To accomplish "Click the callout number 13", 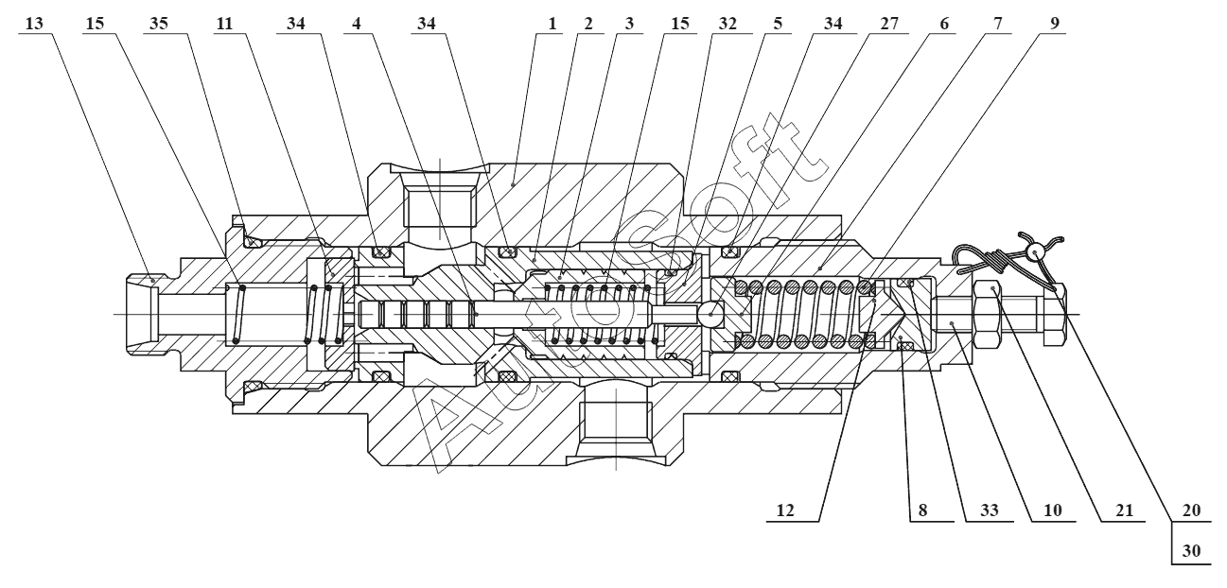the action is [34, 24].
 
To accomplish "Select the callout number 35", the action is [158, 24].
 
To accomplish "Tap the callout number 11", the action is [224, 24].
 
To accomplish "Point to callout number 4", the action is [357, 24].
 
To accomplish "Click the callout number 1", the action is [552, 24].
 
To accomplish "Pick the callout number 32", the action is [727, 24].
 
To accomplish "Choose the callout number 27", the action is [889, 24].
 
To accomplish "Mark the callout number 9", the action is [1055, 24].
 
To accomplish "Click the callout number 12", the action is [785, 510].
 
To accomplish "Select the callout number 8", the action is [922, 510].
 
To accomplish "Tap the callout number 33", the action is [990, 510].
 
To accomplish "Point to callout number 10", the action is [1052, 510].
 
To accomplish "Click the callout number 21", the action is [1124, 510].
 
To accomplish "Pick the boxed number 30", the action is [1191, 550].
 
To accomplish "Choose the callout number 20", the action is [1191, 510].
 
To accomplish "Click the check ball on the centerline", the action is [710, 314].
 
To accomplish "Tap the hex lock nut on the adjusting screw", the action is [989, 314].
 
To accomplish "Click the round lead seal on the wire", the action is [1035, 251].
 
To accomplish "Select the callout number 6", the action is [943, 24].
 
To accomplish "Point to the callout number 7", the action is [997, 24].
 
